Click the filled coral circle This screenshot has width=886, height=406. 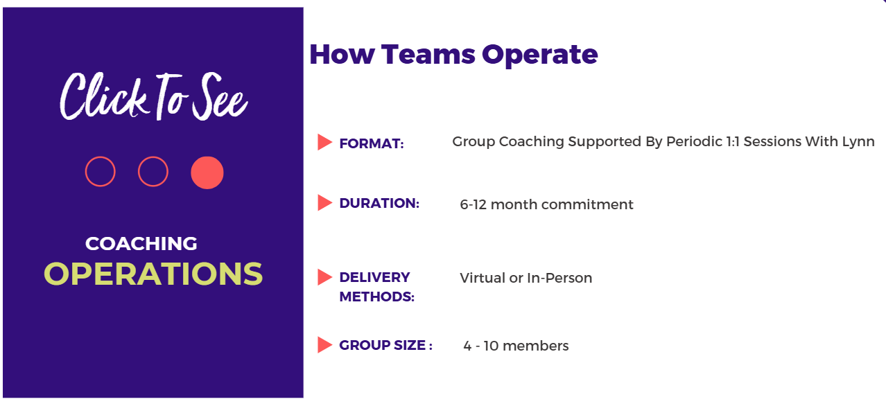click(x=207, y=173)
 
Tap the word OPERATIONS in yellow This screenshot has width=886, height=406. click(x=153, y=274)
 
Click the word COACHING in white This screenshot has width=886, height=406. click(x=141, y=243)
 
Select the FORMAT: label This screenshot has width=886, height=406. click(x=372, y=143)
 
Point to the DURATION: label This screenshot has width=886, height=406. click(x=379, y=203)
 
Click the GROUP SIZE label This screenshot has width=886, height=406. click(x=385, y=345)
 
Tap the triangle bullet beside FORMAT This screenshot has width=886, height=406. click(x=324, y=142)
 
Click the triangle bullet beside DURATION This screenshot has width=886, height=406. click(x=324, y=203)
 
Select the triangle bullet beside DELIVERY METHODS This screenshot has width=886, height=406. click(x=324, y=277)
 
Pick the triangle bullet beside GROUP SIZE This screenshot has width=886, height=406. click(x=324, y=345)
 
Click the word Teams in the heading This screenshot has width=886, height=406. click(x=428, y=54)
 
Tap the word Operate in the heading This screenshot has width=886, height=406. click(x=540, y=55)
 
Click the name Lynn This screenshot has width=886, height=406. click(x=858, y=142)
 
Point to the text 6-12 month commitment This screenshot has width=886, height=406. click(x=546, y=204)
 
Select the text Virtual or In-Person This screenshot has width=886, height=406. click(x=525, y=278)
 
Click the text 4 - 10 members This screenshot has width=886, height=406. click(x=516, y=346)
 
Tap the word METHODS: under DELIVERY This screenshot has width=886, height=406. click(x=376, y=297)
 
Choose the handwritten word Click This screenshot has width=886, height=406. click(x=103, y=96)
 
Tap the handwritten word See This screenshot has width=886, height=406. click(x=220, y=96)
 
